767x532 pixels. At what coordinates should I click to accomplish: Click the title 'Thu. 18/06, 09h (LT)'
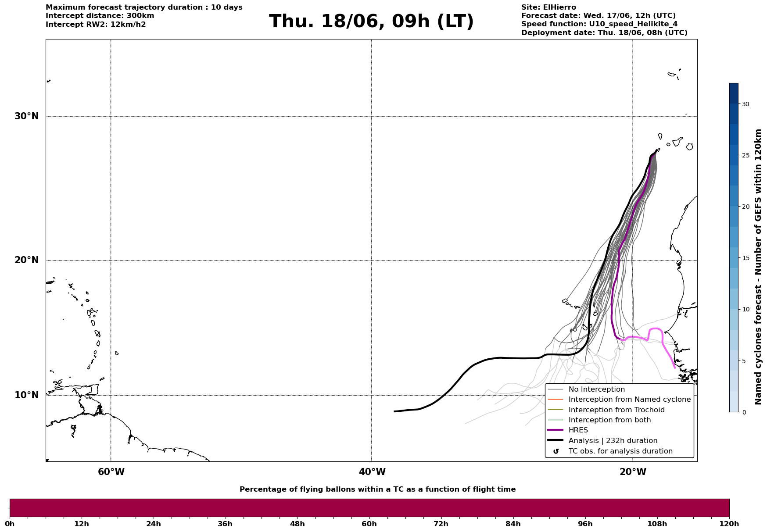coord(371,21)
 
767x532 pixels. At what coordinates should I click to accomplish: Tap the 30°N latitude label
coord(27,116)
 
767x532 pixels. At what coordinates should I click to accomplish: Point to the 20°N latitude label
coord(27,260)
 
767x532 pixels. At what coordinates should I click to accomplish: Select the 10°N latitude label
coord(27,395)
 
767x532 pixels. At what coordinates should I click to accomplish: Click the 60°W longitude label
coord(111,472)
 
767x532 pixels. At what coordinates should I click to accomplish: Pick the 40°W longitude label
coord(372,472)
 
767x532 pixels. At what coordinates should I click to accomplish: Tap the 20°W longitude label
coord(633,472)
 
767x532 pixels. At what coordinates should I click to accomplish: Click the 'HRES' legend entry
coord(578,430)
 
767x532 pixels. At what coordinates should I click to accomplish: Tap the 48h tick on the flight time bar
coord(297,524)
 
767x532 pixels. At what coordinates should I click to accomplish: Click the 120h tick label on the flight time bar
coord(729,524)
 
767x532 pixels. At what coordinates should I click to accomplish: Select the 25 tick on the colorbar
coord(745,155)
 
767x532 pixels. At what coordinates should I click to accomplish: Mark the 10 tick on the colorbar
coord(745,309)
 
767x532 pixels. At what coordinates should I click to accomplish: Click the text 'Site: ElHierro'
coord(548,7)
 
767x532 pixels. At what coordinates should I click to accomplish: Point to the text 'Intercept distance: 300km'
coord(100,16)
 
